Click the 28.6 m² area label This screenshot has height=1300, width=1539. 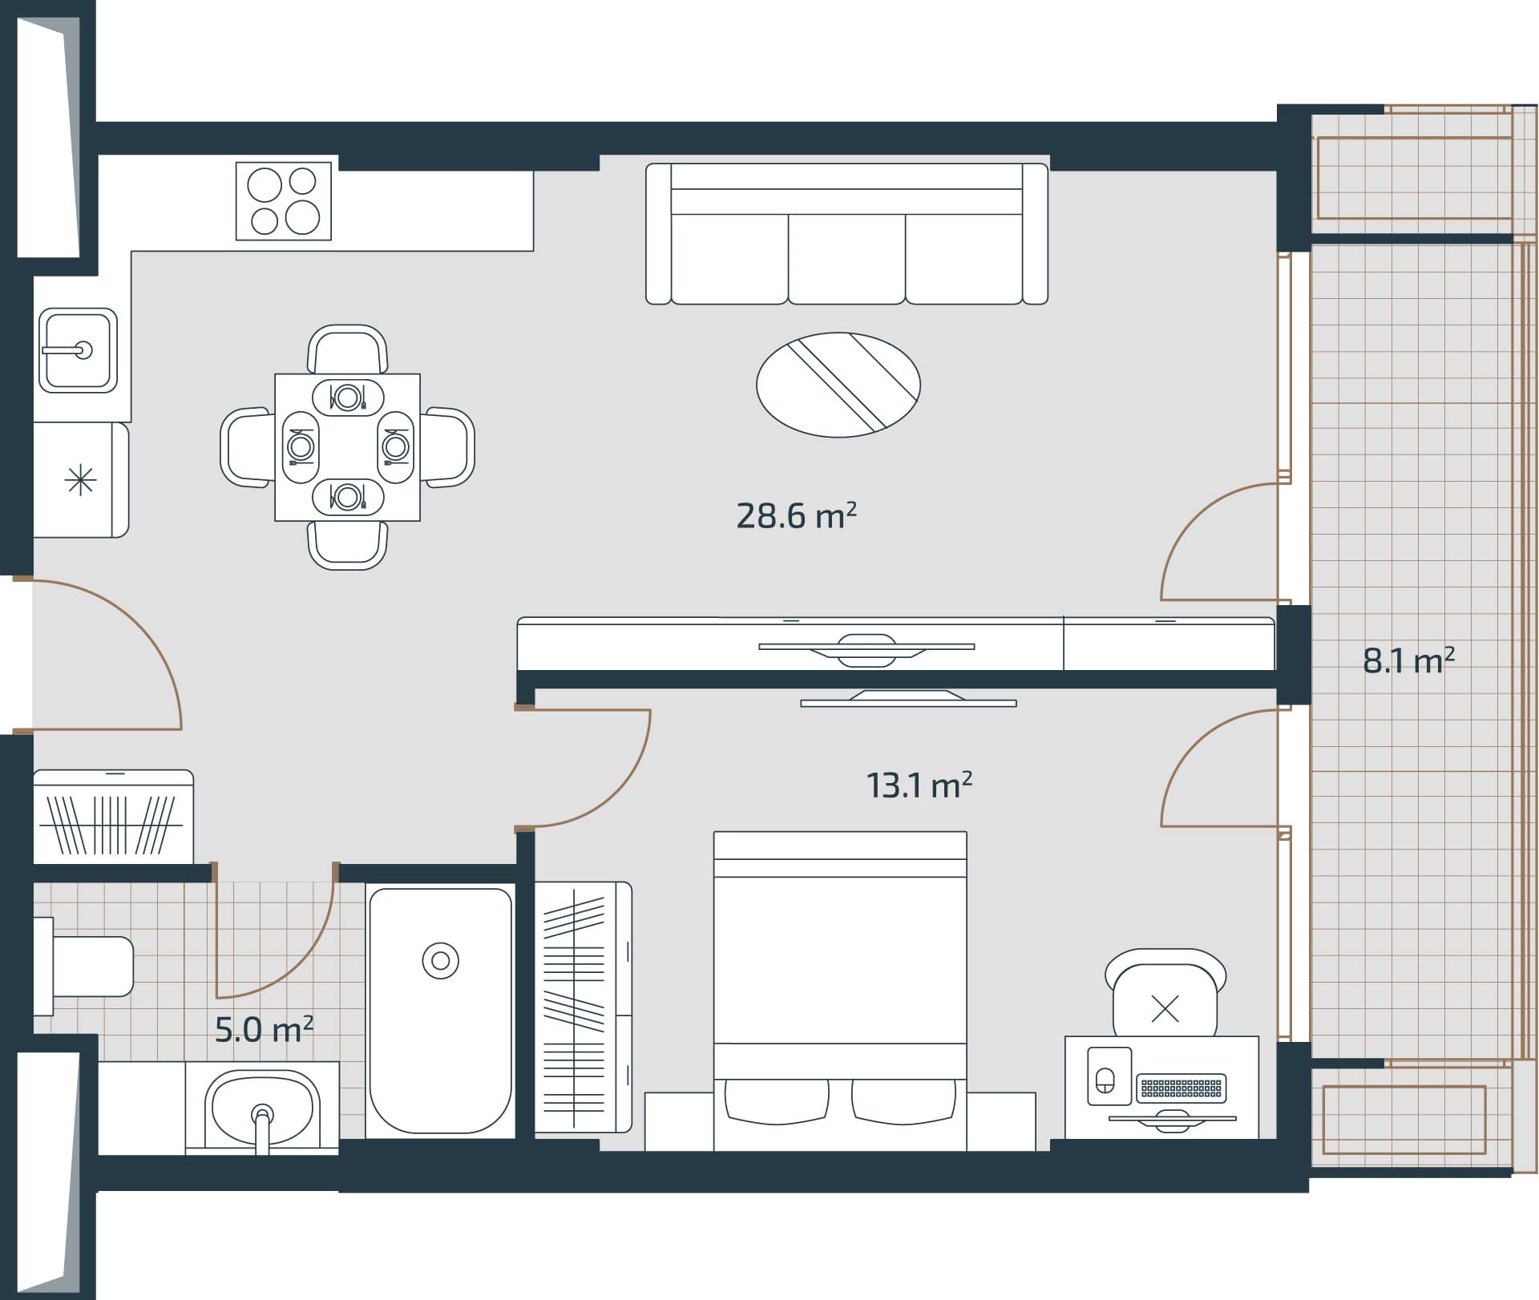point(795,515)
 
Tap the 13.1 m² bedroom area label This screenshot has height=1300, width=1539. point(919,785)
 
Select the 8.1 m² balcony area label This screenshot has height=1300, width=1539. point(1408,661)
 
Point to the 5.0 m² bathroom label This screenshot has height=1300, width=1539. point(264,1030)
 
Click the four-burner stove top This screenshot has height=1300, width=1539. point(283,200)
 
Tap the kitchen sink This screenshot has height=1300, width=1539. point(78,350)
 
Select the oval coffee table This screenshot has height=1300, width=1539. point(838,385)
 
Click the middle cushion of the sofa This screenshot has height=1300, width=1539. point(846,258)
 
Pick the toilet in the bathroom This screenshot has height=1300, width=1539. point(88,966)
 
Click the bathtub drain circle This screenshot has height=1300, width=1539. point(440,960)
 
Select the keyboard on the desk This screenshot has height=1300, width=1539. point(1182,1088)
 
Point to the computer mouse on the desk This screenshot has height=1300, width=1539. point(1105,1080)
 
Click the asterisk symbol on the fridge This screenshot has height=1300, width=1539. point(80,480)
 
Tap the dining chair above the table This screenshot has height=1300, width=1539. point(347,349)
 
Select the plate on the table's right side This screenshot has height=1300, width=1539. point(395,446)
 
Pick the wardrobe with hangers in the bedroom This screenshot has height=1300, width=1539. point(583,1007)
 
